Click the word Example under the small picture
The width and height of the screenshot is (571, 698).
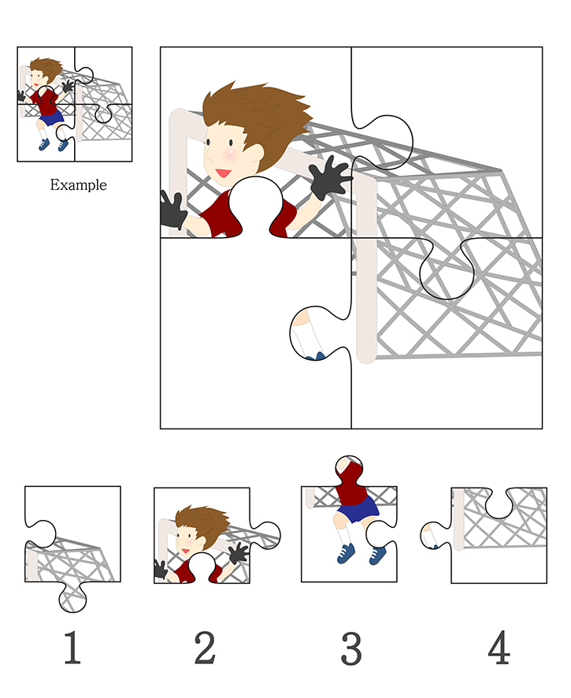(x=78, y=184)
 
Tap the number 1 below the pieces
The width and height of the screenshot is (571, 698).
(x=72, y=648)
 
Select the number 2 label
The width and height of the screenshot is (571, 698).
(x=206, y=648)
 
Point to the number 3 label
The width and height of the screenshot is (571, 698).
(x=351, y=648)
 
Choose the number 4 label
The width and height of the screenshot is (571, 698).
(x=499, y=647)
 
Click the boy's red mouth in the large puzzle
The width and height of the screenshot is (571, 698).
(x=224, y=173)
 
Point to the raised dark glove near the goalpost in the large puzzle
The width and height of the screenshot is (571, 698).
(x=328, y=177)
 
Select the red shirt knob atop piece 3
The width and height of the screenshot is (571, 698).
(x=350, y=471)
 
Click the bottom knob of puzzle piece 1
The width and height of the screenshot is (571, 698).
(x=72, y=597)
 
